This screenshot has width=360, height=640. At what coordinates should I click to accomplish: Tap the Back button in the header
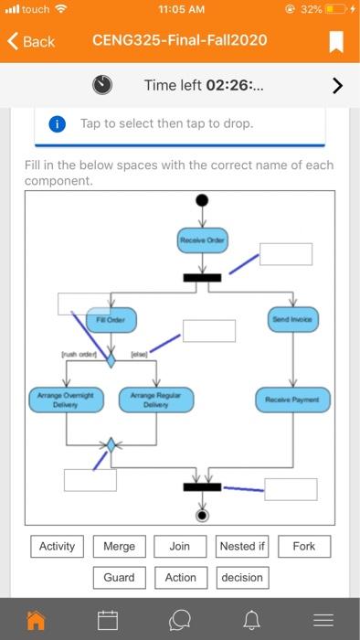click(x=31, y=42)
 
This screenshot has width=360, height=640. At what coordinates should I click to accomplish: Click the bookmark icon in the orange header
click(x=336, y=42)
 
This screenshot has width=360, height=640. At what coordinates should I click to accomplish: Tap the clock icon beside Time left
click(x=103, y=85)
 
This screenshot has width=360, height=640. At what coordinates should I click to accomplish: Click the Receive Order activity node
click(x=202, y=240)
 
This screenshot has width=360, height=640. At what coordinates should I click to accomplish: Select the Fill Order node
click(x=111, y=320)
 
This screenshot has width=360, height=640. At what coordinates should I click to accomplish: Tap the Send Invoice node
click(x=292, y=320)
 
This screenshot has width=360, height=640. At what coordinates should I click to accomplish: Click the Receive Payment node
click(x=291, y=400)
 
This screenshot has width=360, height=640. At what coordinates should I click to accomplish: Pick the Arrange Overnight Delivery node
click(x=66, y=400)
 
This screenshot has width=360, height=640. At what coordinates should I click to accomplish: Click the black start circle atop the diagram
click(x=202, y=200)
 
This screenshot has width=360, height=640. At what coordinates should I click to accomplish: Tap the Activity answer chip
click(x=57, y=547)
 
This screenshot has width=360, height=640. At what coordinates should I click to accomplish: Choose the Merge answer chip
click(x=119, y=547)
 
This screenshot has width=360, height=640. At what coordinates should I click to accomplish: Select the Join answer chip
click(x=180, y=547)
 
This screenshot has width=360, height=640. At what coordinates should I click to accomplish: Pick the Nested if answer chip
click(x=242, y=547)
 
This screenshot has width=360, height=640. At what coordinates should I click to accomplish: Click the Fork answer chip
click(x=304, y=547)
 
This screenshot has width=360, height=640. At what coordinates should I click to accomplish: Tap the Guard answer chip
click(x=119, y=578)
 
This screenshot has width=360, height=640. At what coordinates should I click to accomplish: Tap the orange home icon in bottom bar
click(x=36, y=621)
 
